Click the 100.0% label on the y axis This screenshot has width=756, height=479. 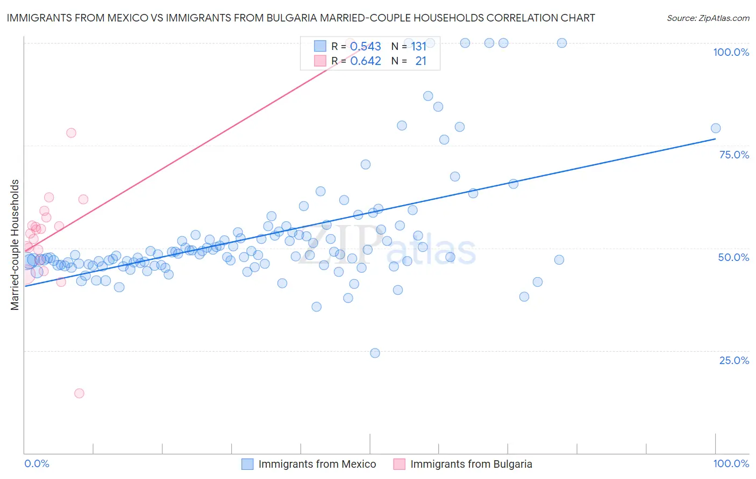[731, 52]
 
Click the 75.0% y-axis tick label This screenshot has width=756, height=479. [734, 155]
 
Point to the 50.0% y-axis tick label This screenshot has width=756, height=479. [733, 257]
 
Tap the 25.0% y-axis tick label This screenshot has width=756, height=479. [734, 360]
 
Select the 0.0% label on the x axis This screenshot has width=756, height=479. [37, 463]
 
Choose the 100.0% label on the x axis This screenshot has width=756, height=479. [731, 463]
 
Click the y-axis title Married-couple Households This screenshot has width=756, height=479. [15, 245]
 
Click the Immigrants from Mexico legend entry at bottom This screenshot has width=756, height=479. [317, 464]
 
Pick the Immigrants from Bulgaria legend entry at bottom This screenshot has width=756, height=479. [470, 464]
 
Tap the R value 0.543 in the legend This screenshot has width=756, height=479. [366, 47]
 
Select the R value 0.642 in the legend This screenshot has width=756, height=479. [366, 61]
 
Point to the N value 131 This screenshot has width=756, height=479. [418, 47]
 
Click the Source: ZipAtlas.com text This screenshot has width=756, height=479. [708, 18]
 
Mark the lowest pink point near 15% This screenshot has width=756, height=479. [79, 393]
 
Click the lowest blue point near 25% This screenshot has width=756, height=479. [375, 353]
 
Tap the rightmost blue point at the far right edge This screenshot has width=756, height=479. [716, 128]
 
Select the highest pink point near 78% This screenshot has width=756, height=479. [71, 133]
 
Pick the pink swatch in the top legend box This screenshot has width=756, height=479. [320, 61]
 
